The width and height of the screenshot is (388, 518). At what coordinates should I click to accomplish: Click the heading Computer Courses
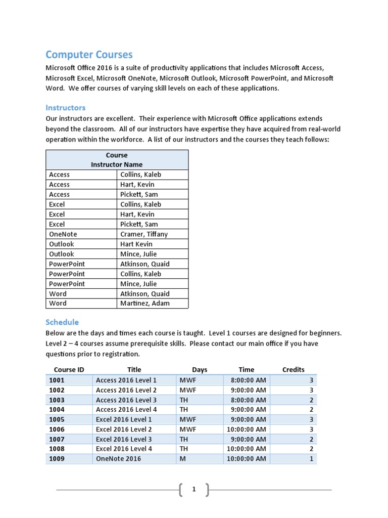coord(89,54)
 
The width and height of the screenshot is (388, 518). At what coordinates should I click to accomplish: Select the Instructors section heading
coord(65,107)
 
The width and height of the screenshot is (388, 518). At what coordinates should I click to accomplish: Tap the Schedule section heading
coord(62,322)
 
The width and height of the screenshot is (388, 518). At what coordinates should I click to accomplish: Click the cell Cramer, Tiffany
coord(144,234)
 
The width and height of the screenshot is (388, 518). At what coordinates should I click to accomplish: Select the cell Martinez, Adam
coord(144,304)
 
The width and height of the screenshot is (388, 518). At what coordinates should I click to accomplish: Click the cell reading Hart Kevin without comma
coord(136,244)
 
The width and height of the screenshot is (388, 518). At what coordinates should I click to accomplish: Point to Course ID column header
coord(69,370)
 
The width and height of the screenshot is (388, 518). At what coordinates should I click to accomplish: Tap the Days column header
coord(200,370)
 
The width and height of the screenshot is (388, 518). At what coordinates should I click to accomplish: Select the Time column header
coord(246,370)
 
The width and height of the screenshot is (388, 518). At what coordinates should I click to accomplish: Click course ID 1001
coord(57,380)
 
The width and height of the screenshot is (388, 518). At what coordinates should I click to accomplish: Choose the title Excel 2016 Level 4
coord(124,449)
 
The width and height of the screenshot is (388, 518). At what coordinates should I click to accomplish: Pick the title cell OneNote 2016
coord(118,459)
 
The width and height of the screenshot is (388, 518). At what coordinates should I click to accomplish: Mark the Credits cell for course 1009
coord(311,459)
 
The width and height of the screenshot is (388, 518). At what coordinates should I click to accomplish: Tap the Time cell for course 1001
coord(248,380)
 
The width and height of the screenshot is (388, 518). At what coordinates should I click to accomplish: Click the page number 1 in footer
coord(193,489)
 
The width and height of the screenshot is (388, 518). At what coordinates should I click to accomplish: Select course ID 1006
coord(57,429)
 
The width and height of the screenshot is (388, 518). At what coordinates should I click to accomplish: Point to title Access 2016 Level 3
coord(126,400)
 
